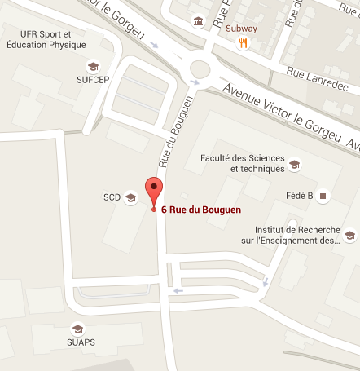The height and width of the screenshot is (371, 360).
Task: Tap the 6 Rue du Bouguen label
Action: click(x=197, y=210)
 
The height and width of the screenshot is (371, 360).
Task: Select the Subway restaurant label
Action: click(x=241, y=29)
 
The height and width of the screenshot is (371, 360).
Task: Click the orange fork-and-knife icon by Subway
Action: click(x=243, y=44)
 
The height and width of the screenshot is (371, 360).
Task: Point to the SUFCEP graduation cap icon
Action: click(x=92, y=65)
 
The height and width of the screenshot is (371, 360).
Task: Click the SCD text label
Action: click(x=112, y=197)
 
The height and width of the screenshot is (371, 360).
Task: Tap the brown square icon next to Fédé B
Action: click(x=323, y=196)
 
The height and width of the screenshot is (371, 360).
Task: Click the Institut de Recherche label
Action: click(x=296, y=236)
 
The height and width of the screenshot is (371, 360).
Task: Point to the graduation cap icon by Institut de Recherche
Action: click(x=349, y=236)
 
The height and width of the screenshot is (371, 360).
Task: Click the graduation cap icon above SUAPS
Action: click(x=78, y=329)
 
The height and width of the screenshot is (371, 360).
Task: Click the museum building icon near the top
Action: click(x=198, y=20)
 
